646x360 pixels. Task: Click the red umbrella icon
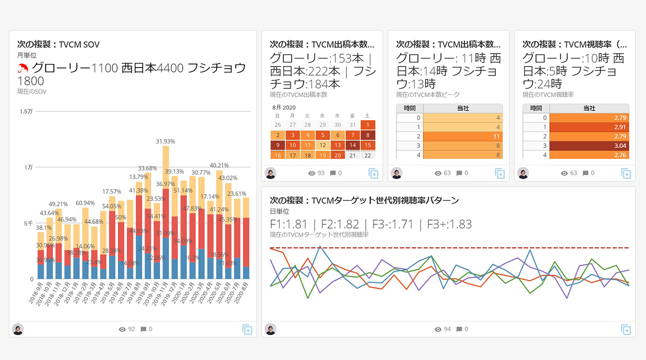point(23,68)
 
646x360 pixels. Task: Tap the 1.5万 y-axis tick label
point(27,111)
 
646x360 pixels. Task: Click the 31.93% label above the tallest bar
point(165,142)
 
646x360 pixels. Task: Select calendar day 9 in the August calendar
point(277,145)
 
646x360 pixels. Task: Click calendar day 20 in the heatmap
point(337,155)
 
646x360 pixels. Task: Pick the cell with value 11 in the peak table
point(463,137)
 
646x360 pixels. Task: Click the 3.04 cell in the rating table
point(589,146)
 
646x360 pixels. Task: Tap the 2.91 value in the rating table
point(589,127)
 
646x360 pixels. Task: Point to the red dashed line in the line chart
point(447,247)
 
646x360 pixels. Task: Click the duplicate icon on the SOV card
point(247,329)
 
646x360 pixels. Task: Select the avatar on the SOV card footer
point(18,329)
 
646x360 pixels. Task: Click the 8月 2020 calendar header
point(284,107)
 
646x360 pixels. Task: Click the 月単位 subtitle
point(27,56)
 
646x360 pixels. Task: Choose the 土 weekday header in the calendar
point(367,116)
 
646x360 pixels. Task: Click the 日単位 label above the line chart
point(279,212)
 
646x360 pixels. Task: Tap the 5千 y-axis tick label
point(28,223)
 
